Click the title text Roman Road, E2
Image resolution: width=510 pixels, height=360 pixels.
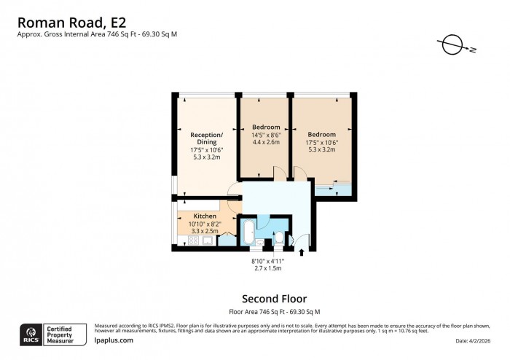pyautogui.click(x=66, y=17)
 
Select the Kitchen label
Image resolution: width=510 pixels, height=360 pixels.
pyautogui.click(x=205, y=216)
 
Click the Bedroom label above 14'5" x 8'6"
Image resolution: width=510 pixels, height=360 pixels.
pyautogui.click(x=266, y=128)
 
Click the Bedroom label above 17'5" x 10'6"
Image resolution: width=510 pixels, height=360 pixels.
pyautogui.click(x=321, y=134)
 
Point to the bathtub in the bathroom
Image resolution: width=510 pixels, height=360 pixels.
pyautogui.click(x=248, y=232)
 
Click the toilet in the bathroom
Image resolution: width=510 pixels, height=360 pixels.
pyautogui.click(x=280, y=238)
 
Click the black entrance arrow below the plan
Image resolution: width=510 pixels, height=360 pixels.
pyautogui.click(x=302, y=254)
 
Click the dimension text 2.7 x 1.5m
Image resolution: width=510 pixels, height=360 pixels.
pyautogui.click(x=267, y=268)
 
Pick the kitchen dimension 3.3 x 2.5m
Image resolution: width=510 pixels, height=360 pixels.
pyautogui.click(x=205, y=230)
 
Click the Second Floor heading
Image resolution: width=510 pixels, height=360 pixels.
pyautogui.click(x=273, y=299)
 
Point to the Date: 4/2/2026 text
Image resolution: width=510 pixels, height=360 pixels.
pyautogui.click(x=476, y=341)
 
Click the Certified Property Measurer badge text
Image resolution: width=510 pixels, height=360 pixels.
pyautogui.click(x=66, y=334)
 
